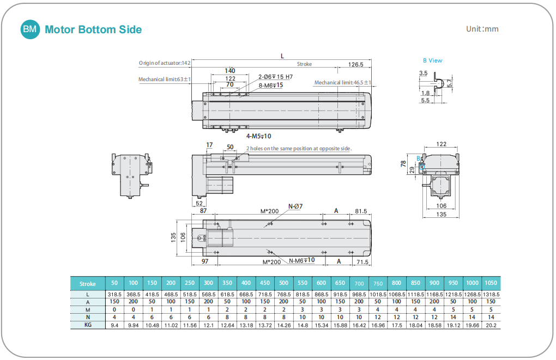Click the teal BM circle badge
[x=30, y=29]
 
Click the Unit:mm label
[x=482, y=29]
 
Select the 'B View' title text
[x=432, y=60]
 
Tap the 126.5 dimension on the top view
[x=355, y=64]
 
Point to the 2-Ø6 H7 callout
[x=275, y=77]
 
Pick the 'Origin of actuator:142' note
[x=164, y=63]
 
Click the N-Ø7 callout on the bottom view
[x=295, y=206]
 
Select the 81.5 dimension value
[x=361, y=211]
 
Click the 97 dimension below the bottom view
[x=205, y=262]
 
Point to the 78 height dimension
[x=404, y=163]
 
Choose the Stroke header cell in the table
[x=87, y=284]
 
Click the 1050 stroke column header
[x=491, y=283]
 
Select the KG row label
[x=87, y=325]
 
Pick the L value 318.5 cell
[x=114, y=294]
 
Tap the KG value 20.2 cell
[x=491, y=325]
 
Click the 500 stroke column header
[x=283, y=283]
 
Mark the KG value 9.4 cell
[x=114, y=325]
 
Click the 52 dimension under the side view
[x=199, y=203]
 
